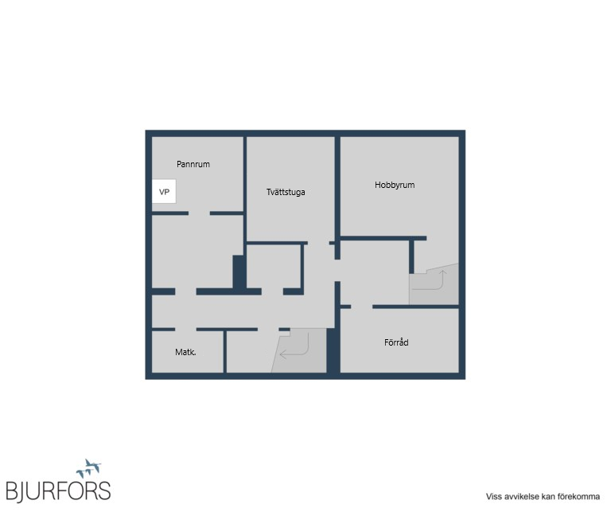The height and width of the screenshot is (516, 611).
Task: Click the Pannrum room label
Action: point(193,164)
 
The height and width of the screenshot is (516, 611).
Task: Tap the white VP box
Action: point(164,191)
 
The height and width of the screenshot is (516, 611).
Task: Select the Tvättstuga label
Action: point(286,192)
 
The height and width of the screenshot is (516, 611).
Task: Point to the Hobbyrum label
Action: point(395,185)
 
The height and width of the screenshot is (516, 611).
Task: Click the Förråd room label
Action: point(396,342)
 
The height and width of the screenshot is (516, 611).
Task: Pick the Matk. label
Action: point(185,352)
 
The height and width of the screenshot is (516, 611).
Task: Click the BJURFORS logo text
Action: point(58,491)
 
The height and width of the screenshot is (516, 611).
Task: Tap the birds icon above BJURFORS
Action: point(89,468)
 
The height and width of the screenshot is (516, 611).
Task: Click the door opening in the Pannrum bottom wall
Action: point(199,213)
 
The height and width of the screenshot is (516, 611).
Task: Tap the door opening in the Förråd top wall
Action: point(362,307)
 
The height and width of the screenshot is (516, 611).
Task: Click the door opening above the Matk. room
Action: point(185,330)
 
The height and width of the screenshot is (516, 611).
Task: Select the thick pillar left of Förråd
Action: point(333,350)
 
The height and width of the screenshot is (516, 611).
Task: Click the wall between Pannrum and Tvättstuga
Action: point(245,190)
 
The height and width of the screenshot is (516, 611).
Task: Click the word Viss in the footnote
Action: point(493,497)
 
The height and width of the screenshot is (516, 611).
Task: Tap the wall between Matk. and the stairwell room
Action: point(225,351)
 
